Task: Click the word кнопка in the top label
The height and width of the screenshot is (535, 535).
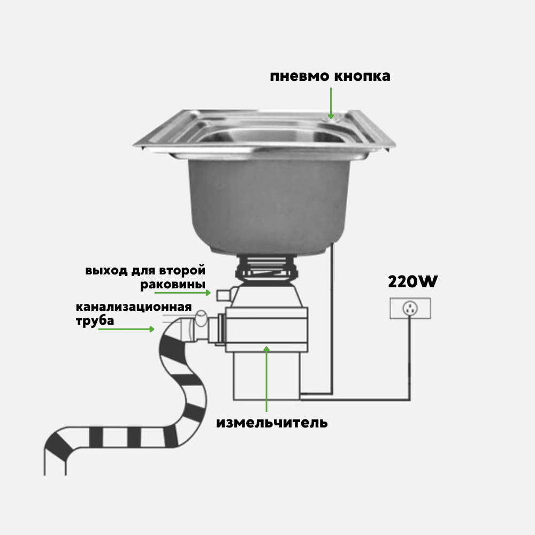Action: (x=362, y=77)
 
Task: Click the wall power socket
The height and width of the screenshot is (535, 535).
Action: (x=410, y=309)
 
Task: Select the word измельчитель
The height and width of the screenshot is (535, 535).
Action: (x=272, y=423)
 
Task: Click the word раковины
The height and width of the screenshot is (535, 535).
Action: (x=173, y=284)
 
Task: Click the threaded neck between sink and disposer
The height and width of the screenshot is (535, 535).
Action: (x=266, y=266)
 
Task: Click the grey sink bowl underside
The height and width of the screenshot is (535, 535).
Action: (x=266, y=203)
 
